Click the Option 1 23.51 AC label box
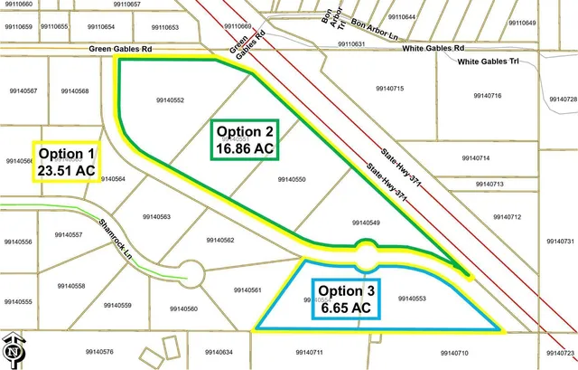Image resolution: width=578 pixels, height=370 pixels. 67,162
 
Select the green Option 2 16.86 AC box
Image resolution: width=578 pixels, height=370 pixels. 244,138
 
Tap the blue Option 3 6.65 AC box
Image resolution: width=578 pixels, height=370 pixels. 343,299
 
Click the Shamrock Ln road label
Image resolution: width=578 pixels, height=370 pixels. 117,238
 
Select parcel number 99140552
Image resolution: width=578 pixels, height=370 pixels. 170,100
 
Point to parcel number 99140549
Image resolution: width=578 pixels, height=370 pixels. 366,223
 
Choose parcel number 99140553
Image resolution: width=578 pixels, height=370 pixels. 411,298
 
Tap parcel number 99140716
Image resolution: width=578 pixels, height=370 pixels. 486,96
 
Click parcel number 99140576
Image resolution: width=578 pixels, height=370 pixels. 98,351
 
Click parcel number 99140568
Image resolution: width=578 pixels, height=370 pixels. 73,91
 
